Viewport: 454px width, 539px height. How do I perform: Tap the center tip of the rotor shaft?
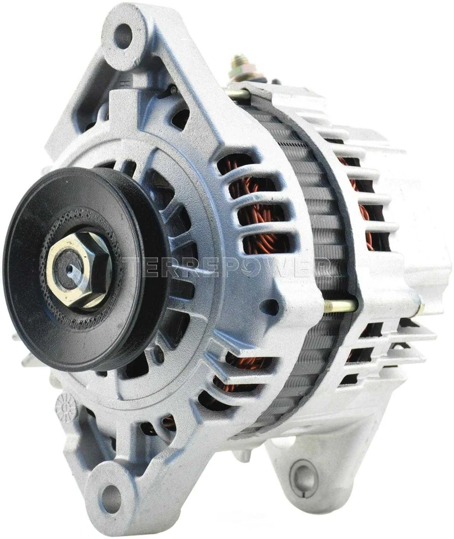tap(71, 269)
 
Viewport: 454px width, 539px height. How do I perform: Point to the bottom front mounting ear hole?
tap(113, 495)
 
